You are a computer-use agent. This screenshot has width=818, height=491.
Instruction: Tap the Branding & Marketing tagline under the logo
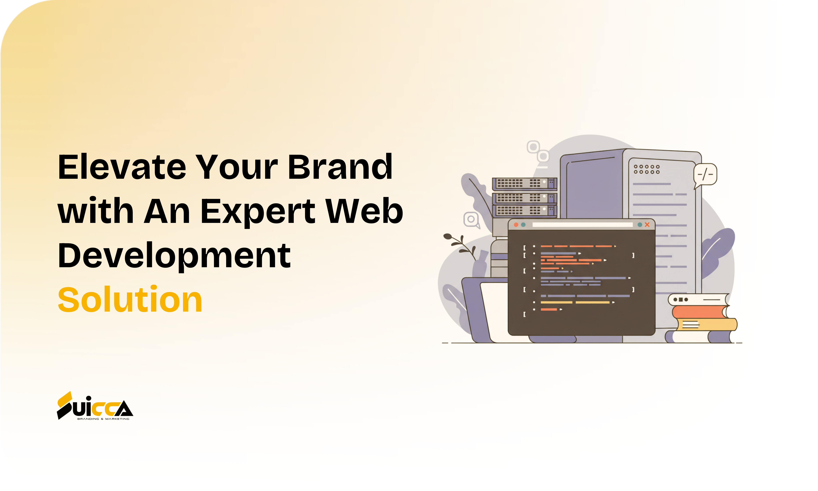coord(103,419)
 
